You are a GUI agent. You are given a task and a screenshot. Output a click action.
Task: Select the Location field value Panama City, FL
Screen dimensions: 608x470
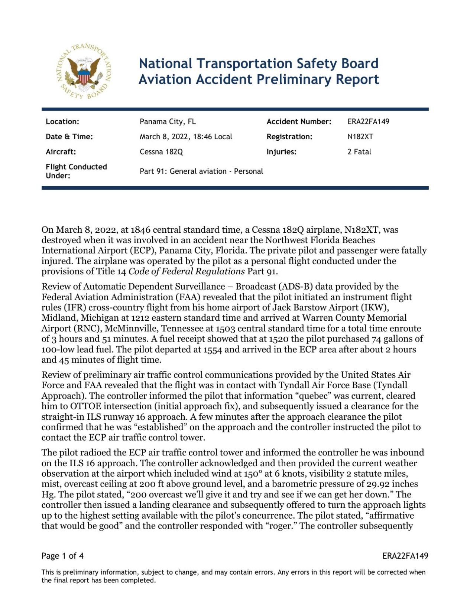[x=168, y=122]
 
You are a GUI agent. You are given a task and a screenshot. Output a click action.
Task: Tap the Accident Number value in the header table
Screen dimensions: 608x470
[x=368, y=122]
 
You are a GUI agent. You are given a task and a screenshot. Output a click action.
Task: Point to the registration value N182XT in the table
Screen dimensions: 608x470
[x=360, y=137]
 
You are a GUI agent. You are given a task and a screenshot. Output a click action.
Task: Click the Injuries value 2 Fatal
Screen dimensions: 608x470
[x=359, y=152]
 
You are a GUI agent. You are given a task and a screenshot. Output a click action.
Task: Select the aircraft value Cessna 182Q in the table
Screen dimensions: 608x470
[x=161, y=152]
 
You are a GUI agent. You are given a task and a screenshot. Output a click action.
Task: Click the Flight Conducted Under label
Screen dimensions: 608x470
[x=76, y=171]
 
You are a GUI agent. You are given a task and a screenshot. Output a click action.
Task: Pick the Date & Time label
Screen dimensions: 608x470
[x=69, y=137]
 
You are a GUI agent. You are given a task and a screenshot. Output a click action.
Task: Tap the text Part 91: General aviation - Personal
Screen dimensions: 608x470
[x=201, y=171]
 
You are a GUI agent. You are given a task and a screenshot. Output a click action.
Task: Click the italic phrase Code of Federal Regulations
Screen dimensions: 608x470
[x=187, y=271]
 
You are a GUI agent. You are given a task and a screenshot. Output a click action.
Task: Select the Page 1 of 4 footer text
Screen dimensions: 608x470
[x=62, y=556]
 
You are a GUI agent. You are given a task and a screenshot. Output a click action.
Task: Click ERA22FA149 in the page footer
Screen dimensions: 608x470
[x=405, y=556]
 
